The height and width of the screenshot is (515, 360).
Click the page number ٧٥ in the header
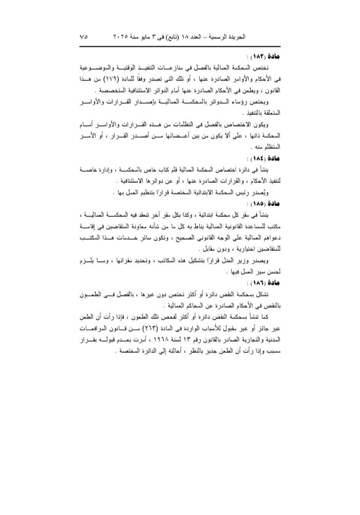(x=84, y=37)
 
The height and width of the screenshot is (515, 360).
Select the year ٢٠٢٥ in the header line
(x=120, y=37)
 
